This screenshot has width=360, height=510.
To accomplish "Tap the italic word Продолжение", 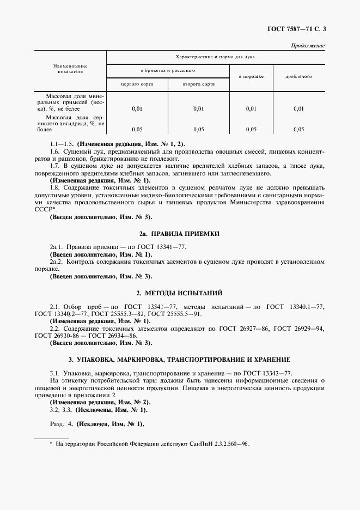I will coord(308,45).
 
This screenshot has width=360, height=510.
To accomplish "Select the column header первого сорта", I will coord(137,84).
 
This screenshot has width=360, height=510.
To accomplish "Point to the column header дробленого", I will coord(298,77).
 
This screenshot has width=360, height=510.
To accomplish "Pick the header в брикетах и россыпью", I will coord(168,70).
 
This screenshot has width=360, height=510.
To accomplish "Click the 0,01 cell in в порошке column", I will coord(251,109).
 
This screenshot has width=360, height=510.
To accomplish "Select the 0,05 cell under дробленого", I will coord(298,129).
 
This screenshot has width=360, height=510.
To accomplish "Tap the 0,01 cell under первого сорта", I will coord(137,109).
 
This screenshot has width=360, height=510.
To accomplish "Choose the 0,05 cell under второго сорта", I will coord(198,129).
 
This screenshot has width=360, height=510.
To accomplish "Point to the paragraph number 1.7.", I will coord(54,166).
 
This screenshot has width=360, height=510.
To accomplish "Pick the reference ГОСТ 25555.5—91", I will coord(175,314).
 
